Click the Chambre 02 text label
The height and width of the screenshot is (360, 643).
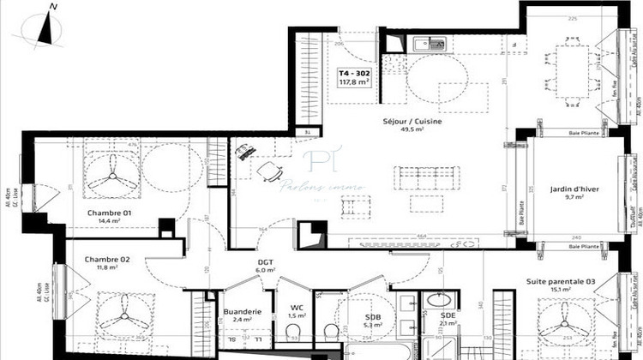tap(107, 259)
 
